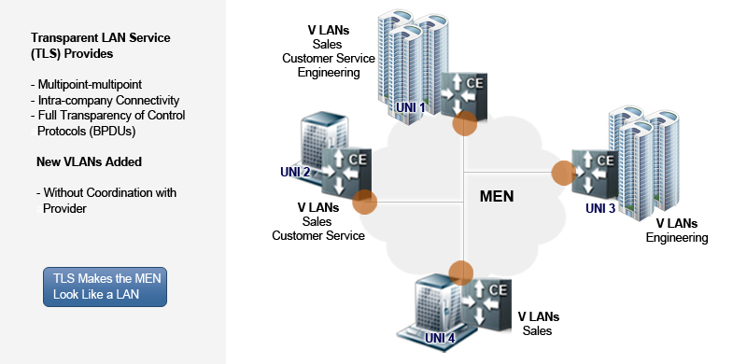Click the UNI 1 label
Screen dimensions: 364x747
[410, 107]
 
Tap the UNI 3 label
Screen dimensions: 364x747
[600, 207]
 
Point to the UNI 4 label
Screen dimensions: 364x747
[440, 337]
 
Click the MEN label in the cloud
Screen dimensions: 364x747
[496, 197]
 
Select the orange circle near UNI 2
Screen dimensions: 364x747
[364, 202]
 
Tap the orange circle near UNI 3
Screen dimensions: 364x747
[562, 172]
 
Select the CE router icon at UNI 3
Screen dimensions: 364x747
[595, 168]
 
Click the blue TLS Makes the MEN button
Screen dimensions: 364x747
[105, 287]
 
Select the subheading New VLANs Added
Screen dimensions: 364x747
[89, 161]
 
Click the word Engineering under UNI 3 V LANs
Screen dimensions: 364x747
[677, 238]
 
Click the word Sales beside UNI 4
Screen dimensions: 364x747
[537, 330]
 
